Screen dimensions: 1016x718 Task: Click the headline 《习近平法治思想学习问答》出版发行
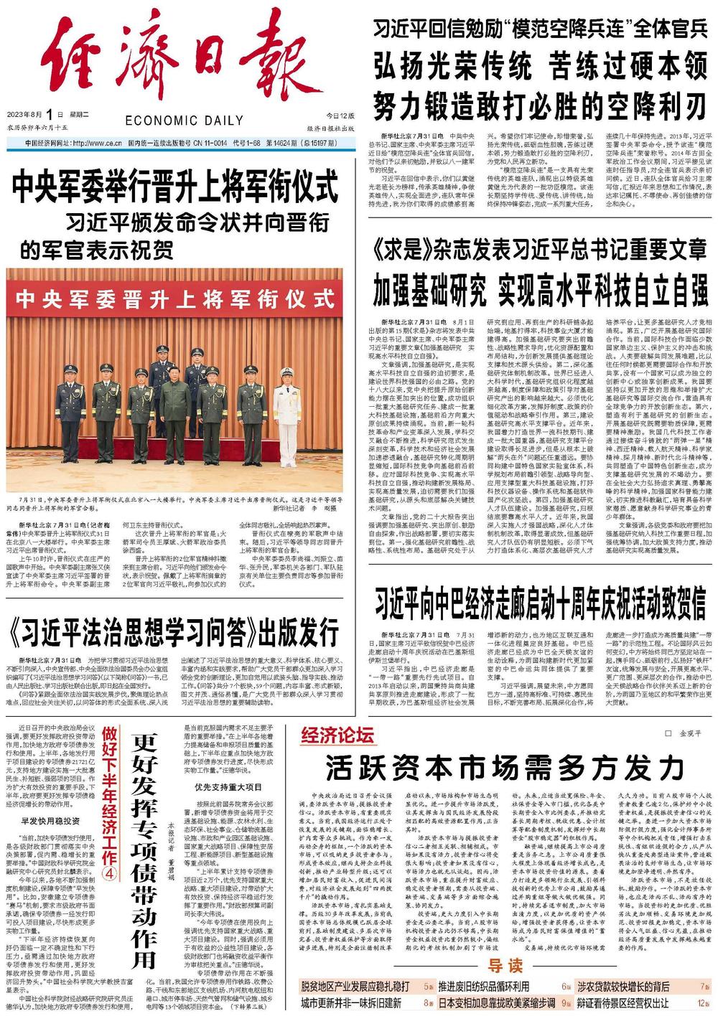pos(176,631)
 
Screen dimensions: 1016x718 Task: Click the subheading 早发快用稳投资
pos(50,821)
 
